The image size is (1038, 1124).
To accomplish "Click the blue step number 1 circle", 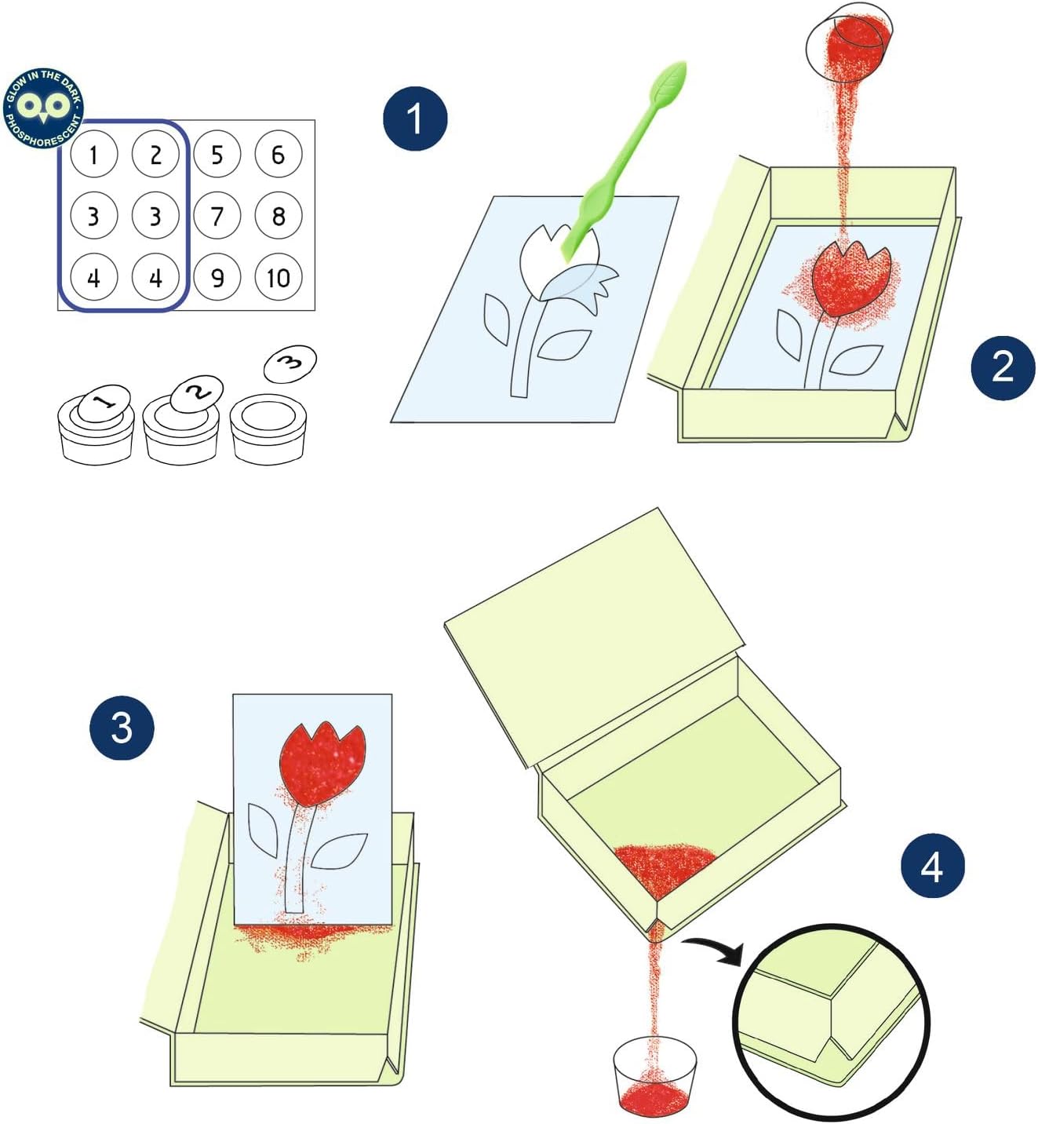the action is (415, 119).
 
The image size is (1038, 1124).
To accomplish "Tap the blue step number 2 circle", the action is (1003, 368).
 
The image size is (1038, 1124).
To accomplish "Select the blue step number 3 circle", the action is (122, 728).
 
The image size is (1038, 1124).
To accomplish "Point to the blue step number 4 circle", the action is (933, 865).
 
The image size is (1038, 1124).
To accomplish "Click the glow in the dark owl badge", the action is (44, 108).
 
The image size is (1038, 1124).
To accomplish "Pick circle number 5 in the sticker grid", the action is (217, 154).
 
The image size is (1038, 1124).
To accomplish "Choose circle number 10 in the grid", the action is (279, 277).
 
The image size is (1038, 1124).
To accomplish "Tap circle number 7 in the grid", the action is (217, 216).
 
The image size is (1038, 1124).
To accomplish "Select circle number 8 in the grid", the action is (279, 216).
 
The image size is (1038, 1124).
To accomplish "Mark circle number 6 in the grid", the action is (279, 154).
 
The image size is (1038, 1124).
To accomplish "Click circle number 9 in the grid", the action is (217, 277).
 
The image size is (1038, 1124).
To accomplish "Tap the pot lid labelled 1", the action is (104, 403).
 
